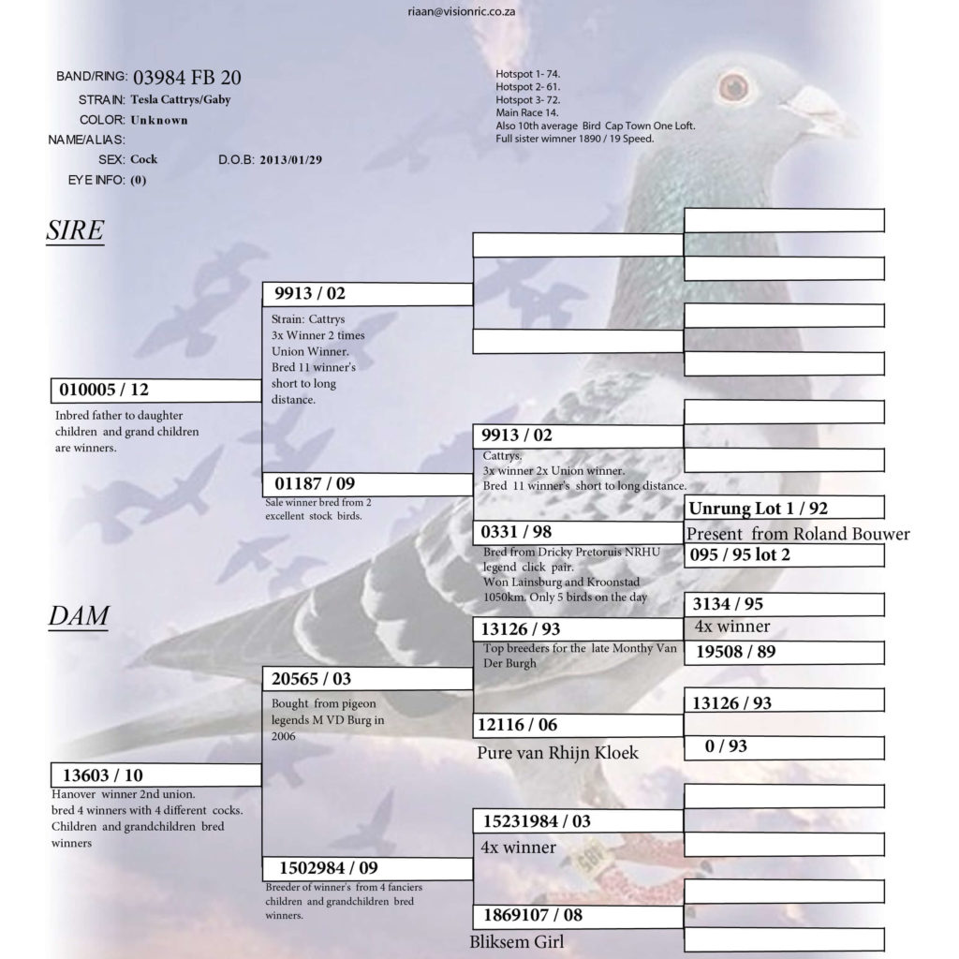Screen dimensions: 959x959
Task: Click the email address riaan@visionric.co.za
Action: coord(461,11)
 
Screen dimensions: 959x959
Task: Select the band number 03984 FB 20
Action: coord(187,78)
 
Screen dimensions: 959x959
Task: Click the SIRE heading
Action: coord(75,230)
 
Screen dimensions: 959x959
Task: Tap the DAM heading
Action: coord(79,615)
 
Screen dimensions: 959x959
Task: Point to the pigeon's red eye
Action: coord(733,86)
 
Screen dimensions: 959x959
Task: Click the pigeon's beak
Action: coord(819,111)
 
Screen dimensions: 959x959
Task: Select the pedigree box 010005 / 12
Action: coord(156,391)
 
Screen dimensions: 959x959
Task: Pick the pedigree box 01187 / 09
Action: coord(367,484)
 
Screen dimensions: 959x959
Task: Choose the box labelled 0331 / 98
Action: coord(578,532)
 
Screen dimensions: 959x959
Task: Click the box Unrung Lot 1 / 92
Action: coord(784,508)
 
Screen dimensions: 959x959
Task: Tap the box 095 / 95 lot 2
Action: coord(784,555)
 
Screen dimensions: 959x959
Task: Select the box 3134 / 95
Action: coord(784,604)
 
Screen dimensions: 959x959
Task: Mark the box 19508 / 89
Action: coord(784,652)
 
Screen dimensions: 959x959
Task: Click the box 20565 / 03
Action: coord(367,679)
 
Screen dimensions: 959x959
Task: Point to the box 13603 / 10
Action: coord(156,775)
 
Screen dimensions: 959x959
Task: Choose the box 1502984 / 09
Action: coord(367,868)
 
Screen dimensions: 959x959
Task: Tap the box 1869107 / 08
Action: coord(578,916)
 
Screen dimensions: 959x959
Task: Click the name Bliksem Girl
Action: coord(517,942)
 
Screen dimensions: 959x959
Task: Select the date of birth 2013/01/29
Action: coord(290,160)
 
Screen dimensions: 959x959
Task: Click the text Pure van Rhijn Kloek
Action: coord(558,753)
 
